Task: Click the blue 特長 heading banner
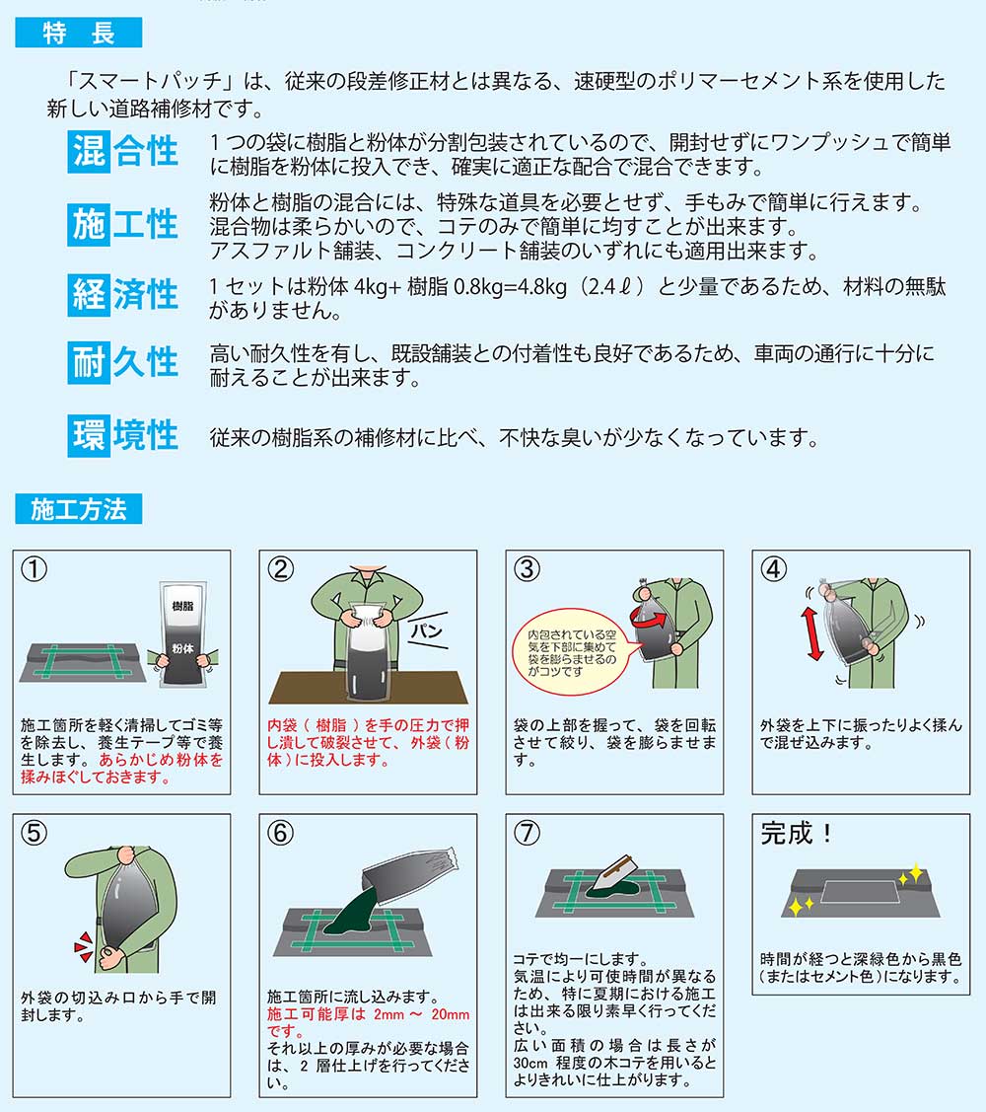[x=79, y=33]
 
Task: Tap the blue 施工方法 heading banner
[x=79, y=509]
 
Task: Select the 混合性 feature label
[x=123, y=152]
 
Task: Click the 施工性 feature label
[x=123, y=225]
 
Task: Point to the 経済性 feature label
[x=123, y=295]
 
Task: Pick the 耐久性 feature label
[x=123, y=362]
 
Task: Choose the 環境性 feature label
[x=123, y=435]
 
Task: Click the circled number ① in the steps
[x=35, y=569]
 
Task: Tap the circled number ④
[x=773, y=569]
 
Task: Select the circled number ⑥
[x=280, y=834]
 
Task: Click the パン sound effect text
[x=428, y=630]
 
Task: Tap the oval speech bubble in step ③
[x=571, y=652]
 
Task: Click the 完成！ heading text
[x=796, y=834]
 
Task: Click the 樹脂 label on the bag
[x=182, y=607]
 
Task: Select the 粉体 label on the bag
[x=182, y=649]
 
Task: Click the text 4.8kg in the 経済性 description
[x=542, y=286]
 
